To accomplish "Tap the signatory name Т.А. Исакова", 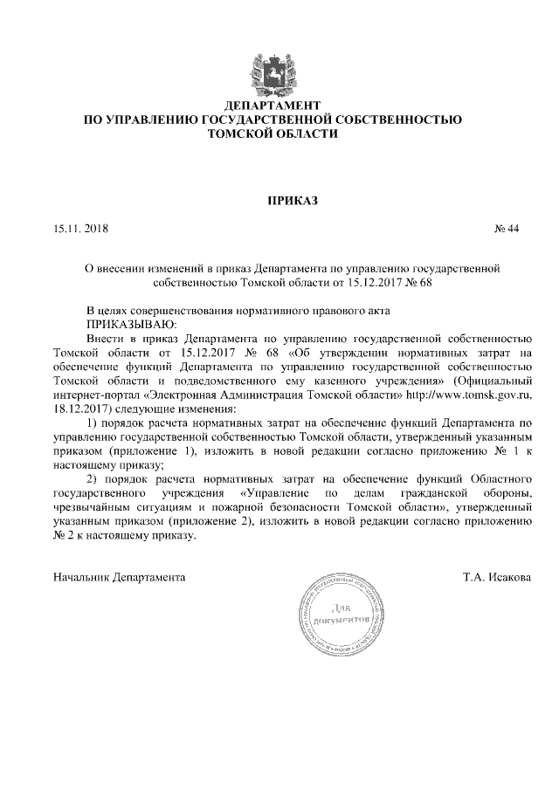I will [x=498, y=578].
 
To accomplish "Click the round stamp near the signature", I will [x=349, y=613].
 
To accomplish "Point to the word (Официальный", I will [x=495, y=381].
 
